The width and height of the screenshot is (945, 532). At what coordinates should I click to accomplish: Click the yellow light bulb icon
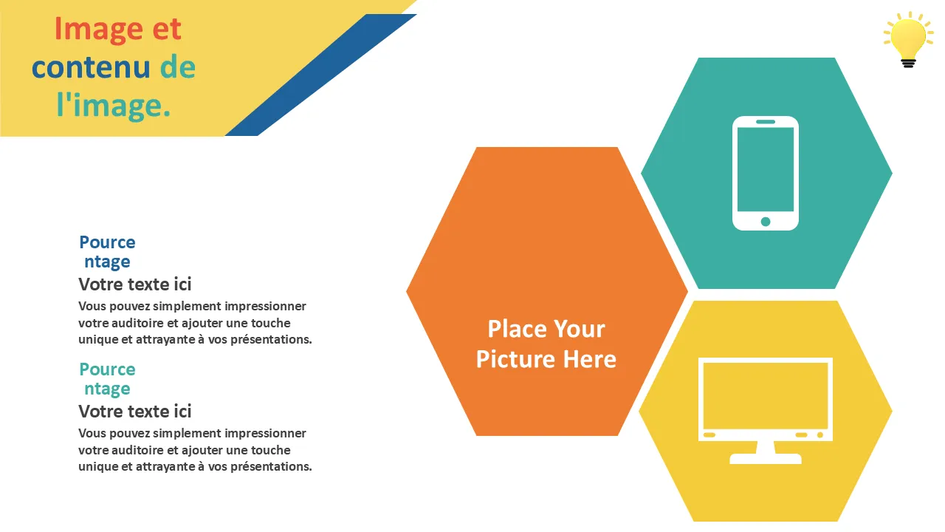coord(908,39)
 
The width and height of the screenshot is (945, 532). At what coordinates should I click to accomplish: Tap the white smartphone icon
coord(766,173)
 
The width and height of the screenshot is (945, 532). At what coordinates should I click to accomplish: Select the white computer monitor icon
coord(766,411)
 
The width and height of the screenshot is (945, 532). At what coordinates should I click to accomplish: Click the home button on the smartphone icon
coord(766,221)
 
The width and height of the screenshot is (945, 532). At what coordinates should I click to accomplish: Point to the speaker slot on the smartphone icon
coord(766,122)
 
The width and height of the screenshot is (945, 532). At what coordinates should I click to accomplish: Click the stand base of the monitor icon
coord(766,459)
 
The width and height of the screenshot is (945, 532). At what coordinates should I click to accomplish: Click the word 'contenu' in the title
coord(91,67)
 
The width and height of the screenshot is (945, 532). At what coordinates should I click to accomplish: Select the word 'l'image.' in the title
coord(113,106)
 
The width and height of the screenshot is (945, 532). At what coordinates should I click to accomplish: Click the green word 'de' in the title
coord(178,66)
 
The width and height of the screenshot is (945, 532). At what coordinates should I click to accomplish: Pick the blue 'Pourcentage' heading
coord(107,252)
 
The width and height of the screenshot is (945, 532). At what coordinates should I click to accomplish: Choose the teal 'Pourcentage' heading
coord(107,379)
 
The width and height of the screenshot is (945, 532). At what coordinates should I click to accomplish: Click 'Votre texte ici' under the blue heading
coord(135,284)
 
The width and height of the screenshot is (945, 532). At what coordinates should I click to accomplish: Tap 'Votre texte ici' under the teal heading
coord(135,412)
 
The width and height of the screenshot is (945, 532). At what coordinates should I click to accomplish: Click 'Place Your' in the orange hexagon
coord(546,329)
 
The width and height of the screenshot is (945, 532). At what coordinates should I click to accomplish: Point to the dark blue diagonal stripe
coord(320,75)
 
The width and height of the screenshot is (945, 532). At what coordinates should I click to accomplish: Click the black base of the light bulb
coord(908,63)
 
